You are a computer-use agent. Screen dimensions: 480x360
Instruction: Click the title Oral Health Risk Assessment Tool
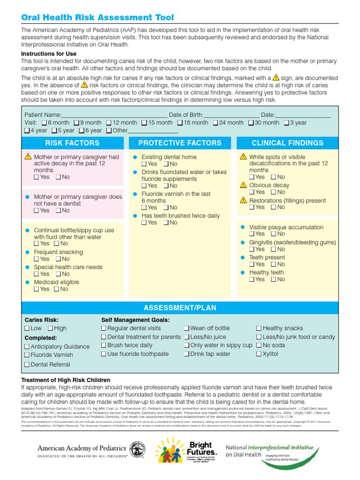click(97, 18)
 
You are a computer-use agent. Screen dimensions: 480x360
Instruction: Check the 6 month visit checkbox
click(45, 123)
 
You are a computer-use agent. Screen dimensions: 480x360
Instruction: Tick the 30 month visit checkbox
click(251, 123)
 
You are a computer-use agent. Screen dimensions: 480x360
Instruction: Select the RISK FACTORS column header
click(72, 143)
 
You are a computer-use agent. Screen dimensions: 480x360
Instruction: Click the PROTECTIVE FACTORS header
click(180, 143)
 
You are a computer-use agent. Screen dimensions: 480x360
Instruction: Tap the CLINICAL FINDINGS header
click(287, 143)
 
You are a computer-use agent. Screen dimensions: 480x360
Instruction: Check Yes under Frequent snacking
click(37, 259)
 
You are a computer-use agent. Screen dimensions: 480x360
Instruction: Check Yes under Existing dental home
click(144, 164)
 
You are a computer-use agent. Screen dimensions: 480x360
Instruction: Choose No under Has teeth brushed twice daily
click(166, 223)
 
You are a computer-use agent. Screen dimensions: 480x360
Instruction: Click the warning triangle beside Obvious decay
click(243, 185)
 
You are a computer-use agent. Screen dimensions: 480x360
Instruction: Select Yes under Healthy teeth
click(252, 279)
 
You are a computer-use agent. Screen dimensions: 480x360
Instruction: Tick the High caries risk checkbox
click(50, 329)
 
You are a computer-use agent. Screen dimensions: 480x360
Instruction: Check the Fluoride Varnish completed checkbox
click(27, 355)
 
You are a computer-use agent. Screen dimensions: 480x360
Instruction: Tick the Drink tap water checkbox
click(187, 354)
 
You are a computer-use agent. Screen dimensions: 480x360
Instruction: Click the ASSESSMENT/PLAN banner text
click(180, 308)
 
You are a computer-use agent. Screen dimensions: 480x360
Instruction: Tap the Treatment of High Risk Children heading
click(66, 380)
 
